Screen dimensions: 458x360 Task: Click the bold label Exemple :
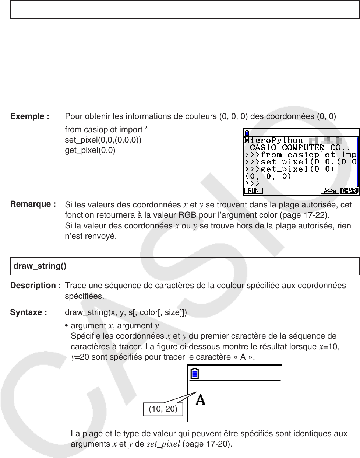click(x=30, y=116)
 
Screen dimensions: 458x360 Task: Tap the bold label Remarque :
click(x=33, y=204)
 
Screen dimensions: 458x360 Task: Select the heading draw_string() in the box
click(x=40, y=266)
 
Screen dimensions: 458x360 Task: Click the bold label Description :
click(x=35, y=286)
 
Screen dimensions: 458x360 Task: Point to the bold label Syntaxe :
click(x=28, y=312)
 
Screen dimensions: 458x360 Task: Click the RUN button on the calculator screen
click(x=254, y=191)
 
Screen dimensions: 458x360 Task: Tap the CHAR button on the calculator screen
click(x=349, y=191)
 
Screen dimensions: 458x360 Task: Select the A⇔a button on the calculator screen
click(x=329, y=191)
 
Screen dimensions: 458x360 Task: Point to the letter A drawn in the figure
click(x=200, y=399)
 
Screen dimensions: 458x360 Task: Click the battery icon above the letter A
click(x=195, y=374)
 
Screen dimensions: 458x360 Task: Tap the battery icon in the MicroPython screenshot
click(x=247, y=133)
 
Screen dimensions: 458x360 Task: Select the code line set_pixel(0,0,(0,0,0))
click(x=103, y=140)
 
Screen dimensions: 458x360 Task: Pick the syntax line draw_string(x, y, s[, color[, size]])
click(x=126, y=312)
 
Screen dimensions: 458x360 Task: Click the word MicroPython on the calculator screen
click(x=274, y=140)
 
